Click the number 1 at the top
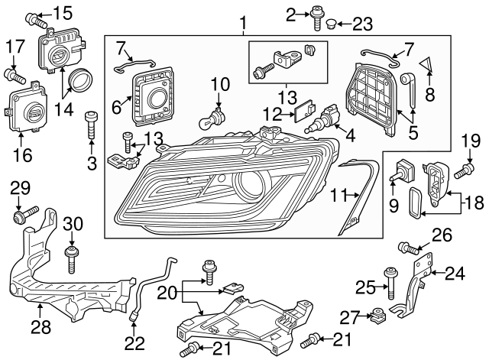pyautogui.click(x=243, y=24)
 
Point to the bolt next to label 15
pyautogui.click(x=34, y=18)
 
